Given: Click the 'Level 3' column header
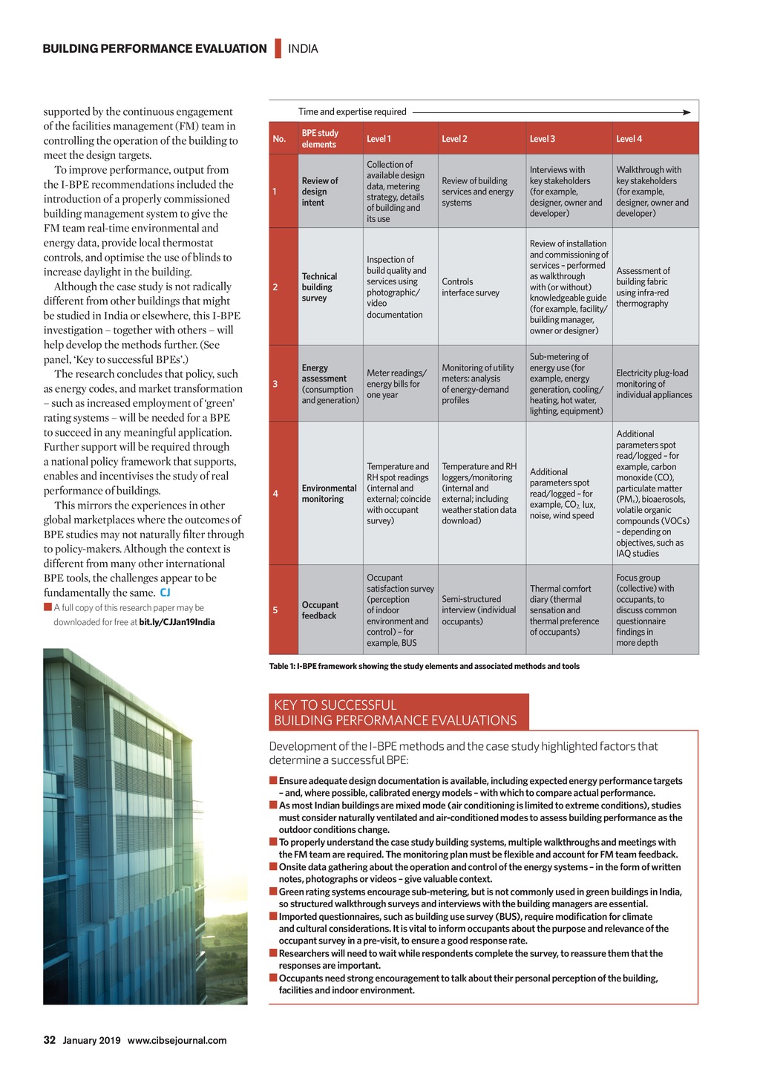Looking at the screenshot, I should click(x=543, y=139).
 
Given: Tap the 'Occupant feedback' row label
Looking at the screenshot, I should click(x=320, y=610).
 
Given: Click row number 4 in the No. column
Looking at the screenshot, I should click(x=275, y=494).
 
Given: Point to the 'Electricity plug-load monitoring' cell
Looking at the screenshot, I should click(x=653, y=384).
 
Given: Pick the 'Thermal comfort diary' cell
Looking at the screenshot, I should click(x=564, y=610).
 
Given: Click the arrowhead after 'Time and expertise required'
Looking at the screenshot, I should click(x=687, y=112).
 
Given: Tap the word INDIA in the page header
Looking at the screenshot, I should click(x=303, y=49).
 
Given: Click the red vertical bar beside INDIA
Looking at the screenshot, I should click(x=278, y=48).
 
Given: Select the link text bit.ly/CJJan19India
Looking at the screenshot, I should click(x=177, y=622).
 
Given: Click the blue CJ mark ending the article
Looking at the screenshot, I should click(x=165, y=592).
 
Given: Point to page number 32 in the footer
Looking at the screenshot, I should click(x=50, y=1040).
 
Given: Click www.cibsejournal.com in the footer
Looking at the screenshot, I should click(x=177, y=1040).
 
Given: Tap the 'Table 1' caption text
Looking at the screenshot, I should click(x=424, y=666).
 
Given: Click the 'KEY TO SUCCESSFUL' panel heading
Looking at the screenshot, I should click(x=335, y=705).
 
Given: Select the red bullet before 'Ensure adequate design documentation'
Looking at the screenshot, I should click(x=273, y=780).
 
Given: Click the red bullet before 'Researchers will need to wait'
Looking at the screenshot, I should click(x=273, y=953).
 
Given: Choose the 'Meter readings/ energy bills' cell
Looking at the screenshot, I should click(x=396, y=384).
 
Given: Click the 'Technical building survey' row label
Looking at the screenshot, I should click(x=319, y=287).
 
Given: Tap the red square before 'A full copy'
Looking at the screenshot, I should click(x=47, y=607).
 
